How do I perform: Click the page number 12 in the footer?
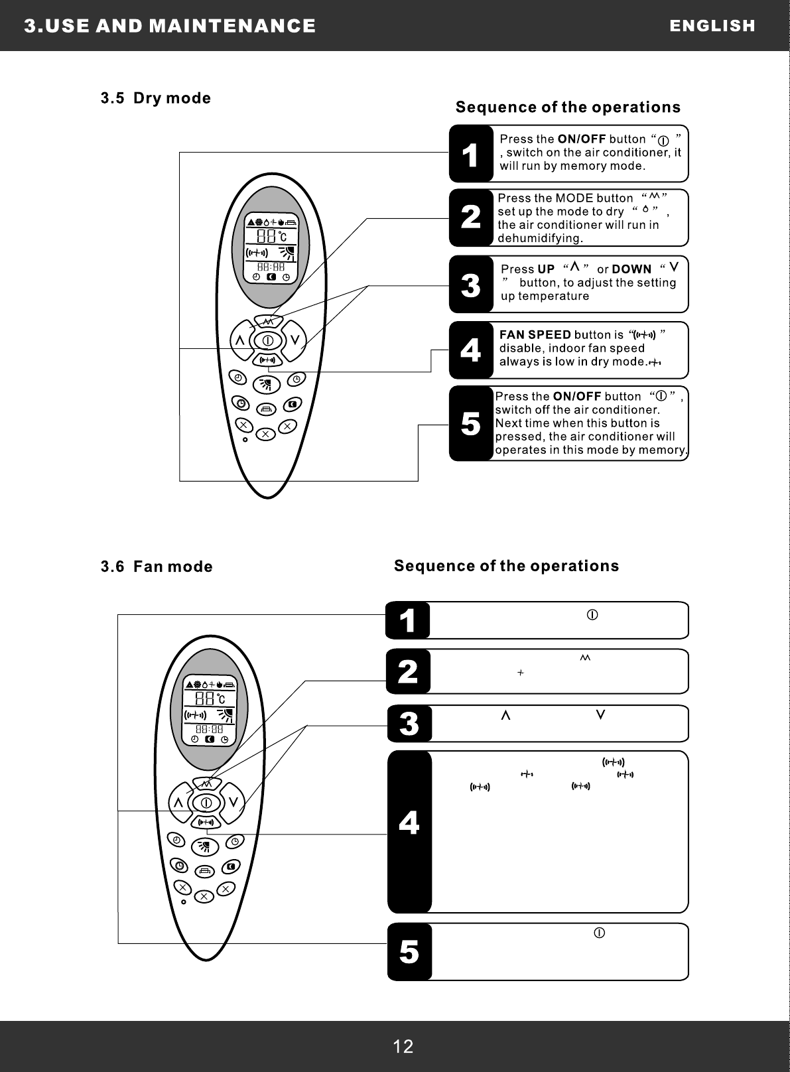403,1047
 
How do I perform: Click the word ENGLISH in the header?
712,26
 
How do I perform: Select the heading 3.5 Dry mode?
156,98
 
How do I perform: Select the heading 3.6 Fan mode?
157,567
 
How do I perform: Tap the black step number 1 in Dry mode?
470,154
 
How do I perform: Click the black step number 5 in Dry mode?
470,423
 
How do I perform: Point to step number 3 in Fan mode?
409,723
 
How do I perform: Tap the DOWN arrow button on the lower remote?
233,802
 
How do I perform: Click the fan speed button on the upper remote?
267,360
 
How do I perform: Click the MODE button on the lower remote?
206,784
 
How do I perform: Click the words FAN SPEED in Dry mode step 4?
535,334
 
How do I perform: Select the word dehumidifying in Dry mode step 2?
540,237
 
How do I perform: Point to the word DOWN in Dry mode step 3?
631,269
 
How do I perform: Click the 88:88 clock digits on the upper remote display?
271,266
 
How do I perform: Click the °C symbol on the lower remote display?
222,699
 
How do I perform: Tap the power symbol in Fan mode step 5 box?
598,933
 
